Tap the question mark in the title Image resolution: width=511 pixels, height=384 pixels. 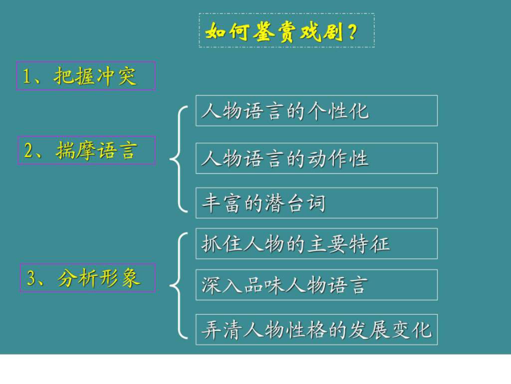coord(352,32)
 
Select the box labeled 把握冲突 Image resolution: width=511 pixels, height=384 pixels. coord(86,76)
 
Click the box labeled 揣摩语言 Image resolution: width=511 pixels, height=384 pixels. coord(86,150)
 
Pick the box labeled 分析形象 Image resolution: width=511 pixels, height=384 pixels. coord(87,278)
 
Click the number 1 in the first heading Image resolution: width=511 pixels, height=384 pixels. coord(26,76)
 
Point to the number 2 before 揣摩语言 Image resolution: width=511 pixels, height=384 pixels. coord(29,151)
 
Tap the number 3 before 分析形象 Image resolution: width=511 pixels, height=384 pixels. coord(31,278)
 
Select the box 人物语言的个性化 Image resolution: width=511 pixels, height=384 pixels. coord(316,111)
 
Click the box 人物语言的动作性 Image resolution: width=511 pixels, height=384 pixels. coord(316,158)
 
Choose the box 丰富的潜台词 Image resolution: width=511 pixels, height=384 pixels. coord(316,203)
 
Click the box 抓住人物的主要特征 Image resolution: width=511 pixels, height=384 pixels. coord(316,243)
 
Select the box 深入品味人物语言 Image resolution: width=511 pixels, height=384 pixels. coord(316,285)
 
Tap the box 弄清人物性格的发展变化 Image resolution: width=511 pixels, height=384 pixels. coord(316,329)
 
